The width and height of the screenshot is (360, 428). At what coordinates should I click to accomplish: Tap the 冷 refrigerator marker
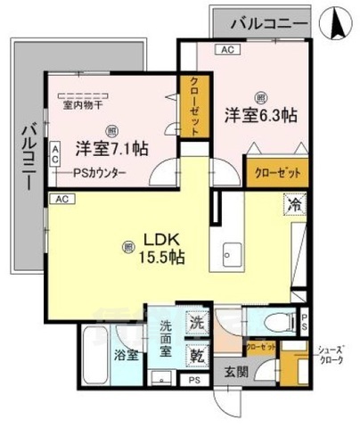[294, 203]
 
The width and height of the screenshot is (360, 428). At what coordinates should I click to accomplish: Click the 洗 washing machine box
[197, 323]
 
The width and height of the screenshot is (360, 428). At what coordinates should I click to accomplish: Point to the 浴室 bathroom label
[124, 356]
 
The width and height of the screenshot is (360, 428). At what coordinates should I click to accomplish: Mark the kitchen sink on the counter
[233, 252]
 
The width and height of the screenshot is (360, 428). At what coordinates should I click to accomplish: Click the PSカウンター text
[100, 173]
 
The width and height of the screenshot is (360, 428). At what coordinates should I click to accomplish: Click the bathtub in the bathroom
[94, 356]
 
